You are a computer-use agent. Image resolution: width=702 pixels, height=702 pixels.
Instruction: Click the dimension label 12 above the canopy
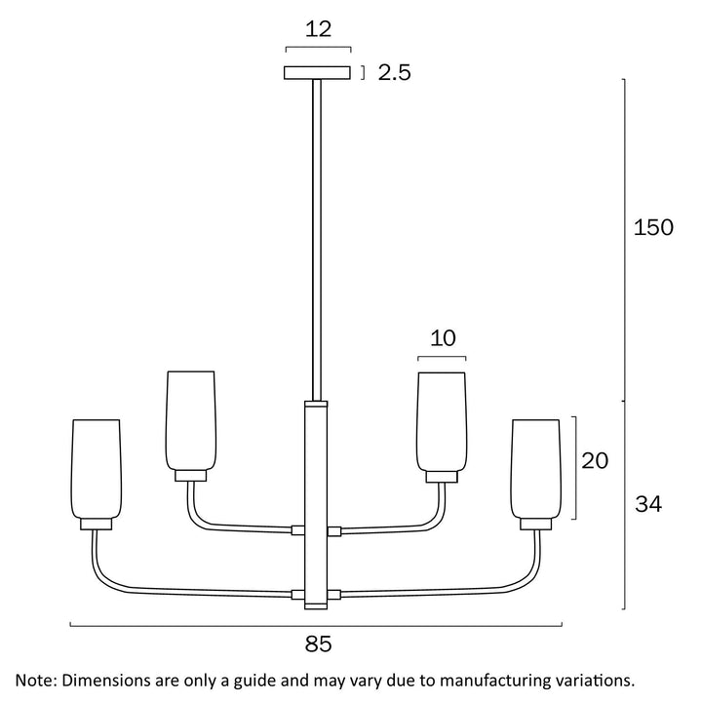point(317,30)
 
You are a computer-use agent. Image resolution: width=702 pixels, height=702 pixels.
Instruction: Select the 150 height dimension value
point(653,228)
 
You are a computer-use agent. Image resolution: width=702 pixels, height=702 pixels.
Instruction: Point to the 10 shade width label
point(443,338)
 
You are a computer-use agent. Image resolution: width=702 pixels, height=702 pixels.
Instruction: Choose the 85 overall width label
point(317,643)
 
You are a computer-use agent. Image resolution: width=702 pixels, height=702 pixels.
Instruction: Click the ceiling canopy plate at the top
point(317,73)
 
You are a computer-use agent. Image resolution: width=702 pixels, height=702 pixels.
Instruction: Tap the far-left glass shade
point(97,468)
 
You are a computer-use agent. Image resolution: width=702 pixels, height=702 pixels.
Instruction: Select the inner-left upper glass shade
point(190,419)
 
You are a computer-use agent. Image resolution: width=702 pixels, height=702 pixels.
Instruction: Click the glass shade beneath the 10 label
point(443,419)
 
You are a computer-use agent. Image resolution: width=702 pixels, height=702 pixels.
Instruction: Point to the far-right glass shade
point(536,468)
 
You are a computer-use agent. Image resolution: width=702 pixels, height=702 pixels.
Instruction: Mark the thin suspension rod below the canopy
point(317,234)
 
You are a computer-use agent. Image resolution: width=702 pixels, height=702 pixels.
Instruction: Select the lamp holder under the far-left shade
point(97,524)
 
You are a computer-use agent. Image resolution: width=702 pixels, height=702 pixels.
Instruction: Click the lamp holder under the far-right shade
point(536,524)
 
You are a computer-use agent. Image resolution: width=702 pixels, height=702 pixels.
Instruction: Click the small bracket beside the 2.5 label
point(362,73)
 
